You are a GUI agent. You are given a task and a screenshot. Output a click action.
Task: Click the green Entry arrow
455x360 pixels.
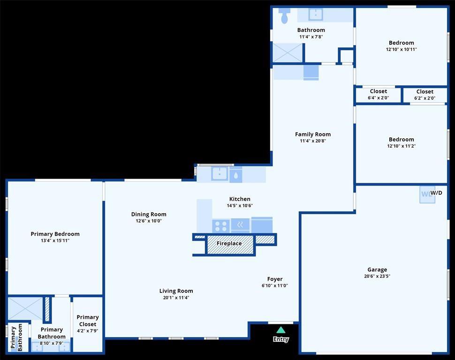click(281, 330)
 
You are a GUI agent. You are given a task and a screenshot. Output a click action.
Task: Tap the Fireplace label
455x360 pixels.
click(229, 243)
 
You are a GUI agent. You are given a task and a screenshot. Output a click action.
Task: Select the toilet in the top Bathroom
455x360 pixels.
click(284, 16)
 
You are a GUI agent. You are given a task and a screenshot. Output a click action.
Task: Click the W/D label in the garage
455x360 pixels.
click(436, 193)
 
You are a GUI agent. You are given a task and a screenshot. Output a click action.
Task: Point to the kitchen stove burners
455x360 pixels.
click(221, 226)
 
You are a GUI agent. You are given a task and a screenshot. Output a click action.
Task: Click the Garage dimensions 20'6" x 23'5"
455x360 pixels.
click(377, 276)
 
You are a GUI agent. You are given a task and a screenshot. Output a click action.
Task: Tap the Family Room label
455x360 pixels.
click(313, 135)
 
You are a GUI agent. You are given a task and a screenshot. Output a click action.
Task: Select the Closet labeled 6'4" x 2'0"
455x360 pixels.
click(379, 95)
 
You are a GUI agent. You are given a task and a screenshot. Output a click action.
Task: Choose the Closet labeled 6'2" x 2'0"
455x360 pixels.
click(425, 95)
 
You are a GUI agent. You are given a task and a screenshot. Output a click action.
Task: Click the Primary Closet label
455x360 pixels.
click(88, 321)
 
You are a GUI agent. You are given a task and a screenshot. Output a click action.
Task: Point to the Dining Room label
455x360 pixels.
click(149, 214)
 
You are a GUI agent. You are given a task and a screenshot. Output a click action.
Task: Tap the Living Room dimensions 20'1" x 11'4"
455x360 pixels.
click(176, 298)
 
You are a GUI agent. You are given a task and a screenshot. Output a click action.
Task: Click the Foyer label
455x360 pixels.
click(275, 279)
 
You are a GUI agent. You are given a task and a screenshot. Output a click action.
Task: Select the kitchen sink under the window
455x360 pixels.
click(220, 174)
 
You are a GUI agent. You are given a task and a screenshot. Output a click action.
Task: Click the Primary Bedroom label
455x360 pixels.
click(55, 234)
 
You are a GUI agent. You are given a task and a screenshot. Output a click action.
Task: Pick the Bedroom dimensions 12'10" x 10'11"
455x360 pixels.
click(402, 50)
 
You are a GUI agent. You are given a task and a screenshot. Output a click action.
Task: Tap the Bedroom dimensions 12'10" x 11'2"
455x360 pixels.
click(402, 146)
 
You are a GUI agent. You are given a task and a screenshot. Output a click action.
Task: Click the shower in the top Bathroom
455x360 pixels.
click(288, 53)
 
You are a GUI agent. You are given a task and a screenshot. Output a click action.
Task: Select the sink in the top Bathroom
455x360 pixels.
click(315, 15)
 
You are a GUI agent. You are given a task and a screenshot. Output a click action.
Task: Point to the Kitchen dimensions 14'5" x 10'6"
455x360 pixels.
click(240, 206)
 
